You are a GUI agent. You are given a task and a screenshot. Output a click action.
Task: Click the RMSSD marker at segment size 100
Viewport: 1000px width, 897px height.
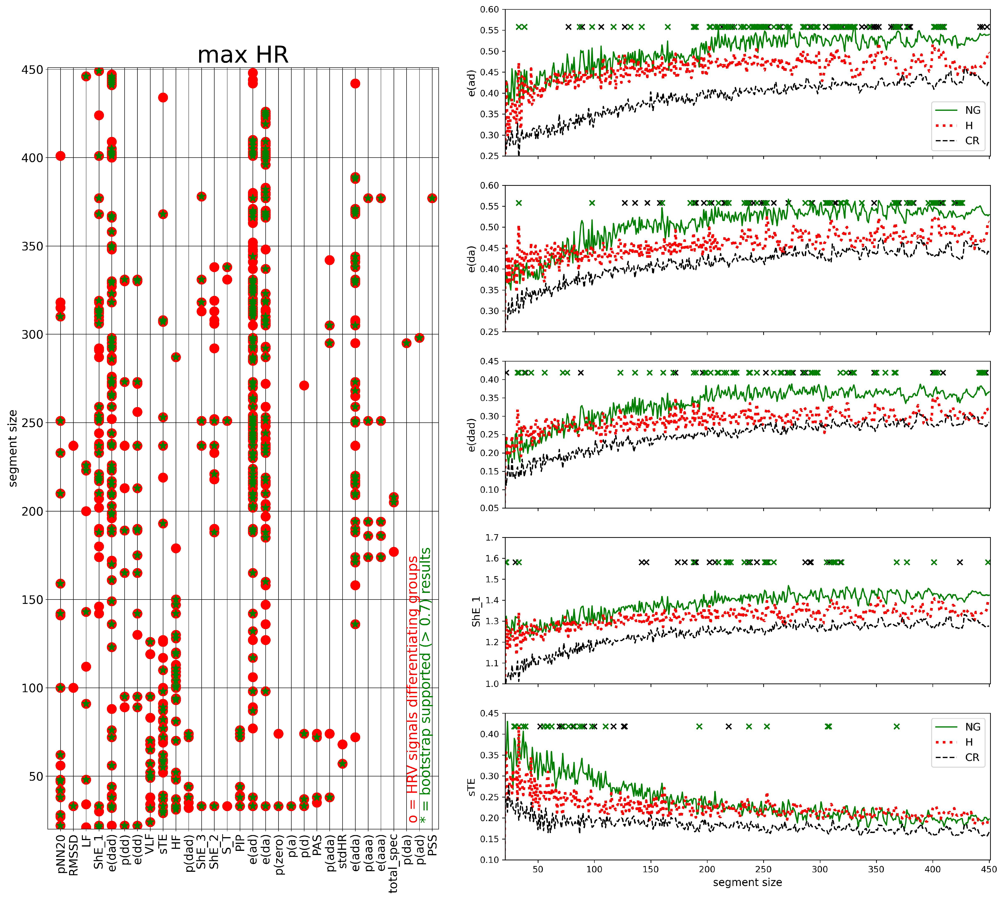coord(73,688)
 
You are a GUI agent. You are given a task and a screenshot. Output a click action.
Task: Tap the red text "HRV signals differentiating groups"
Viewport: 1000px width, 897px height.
coord(413,690)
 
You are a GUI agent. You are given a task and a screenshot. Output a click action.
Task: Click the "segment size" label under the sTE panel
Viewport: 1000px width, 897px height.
coord(747,882)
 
